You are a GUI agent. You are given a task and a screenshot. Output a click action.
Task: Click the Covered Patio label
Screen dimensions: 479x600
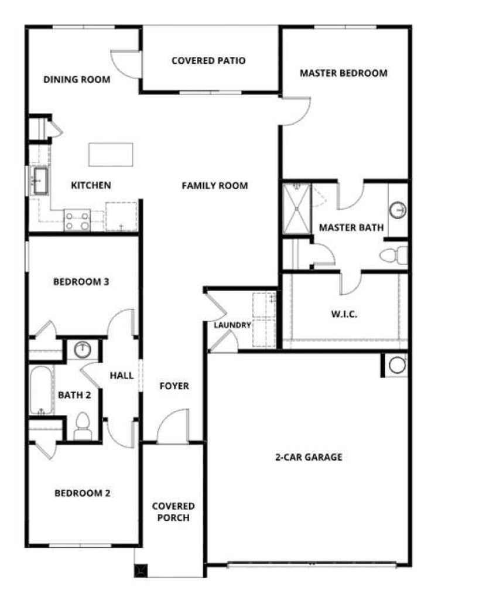pyautogui.click(x=208, y=60)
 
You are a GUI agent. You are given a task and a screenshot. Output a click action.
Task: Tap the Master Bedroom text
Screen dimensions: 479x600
pyautogui.click(x=343, y=73)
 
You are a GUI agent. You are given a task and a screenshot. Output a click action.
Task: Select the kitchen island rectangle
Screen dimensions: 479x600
pyautogui.click(x=111, y=155)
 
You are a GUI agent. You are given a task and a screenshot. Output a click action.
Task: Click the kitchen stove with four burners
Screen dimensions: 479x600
pyautogui.click(x=77, y=220)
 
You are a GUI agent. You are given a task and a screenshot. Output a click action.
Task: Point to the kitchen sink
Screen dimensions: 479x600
pyautogui.click(x=40, y=181)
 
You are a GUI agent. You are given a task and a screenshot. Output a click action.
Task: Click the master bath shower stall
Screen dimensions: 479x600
pyautogui.click(x=296, y=209)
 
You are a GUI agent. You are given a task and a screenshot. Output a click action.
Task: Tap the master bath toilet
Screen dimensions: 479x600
pyautogui.click(x=394, y=255)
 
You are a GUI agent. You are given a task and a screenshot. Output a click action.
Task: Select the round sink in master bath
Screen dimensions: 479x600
pyautogui.click(x=398, y=210)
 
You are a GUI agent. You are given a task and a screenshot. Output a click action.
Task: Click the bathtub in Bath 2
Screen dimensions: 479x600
pyautogui.click(x=42, y=391)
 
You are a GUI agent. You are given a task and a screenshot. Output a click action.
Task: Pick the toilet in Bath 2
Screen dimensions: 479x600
pyautogui.click(x=82, y=427)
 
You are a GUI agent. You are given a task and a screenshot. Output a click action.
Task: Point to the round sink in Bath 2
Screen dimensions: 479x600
pyautogui.click(x=82, y=350)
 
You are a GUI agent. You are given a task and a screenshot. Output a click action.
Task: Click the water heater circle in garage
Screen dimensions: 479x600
pyautogui.click(x=397, y=365)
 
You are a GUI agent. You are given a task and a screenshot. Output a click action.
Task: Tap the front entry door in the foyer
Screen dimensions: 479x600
pyautogui.click(x=173, y=426)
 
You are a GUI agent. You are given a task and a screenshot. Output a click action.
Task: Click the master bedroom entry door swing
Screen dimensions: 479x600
pyautogui.click(x=295, y=111)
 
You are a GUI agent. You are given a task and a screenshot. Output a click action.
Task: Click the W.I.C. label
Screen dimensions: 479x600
pyautogui.click(x=344, y=315)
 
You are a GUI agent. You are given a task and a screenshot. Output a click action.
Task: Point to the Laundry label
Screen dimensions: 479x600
pyautogui.click(x=232, y=325)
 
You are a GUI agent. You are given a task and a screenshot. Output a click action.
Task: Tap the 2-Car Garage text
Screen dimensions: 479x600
pyautogui.click(x=309, y=457)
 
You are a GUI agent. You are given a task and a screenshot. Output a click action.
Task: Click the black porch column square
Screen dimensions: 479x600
pyautogui.click(x=141, y=571)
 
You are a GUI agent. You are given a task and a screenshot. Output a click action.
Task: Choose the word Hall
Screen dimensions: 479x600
pyautogui.click(x=122, y=376)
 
